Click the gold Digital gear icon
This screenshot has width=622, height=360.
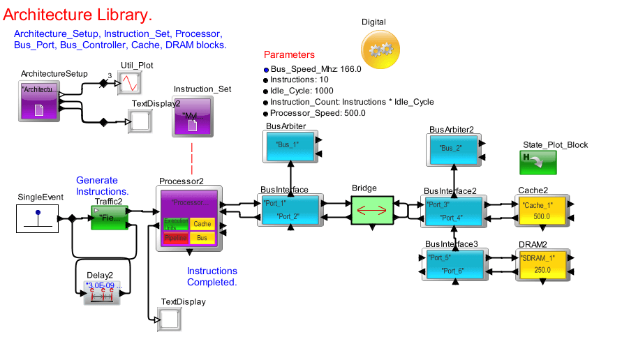(x=380, y=50)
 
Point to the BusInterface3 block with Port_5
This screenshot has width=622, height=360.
(x=454, y=263)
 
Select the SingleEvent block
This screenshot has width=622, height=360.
(x=38, y=218)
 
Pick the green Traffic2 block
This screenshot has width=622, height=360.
(x=110, y=218)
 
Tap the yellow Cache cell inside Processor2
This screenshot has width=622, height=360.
(x=202, y=224)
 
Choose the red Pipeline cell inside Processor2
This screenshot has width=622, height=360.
(x=175, y=238)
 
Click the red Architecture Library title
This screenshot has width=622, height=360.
(x=77, y=14)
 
